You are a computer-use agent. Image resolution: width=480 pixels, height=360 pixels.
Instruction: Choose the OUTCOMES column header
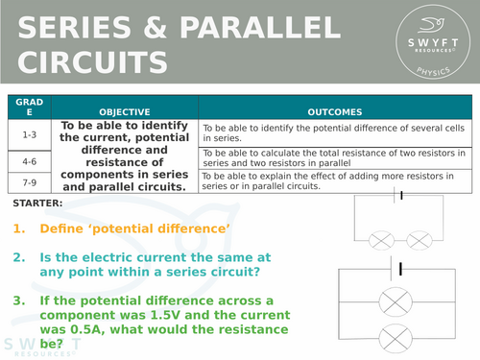pos(336,111)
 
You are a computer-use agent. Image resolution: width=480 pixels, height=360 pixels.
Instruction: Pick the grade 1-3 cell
pos(29,135)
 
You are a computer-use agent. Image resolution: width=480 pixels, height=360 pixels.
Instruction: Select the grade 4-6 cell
pos(29,161)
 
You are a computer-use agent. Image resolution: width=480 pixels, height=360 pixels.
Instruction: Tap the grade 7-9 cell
pos(29,180)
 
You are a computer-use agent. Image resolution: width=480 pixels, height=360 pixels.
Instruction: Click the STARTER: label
pos(39,204)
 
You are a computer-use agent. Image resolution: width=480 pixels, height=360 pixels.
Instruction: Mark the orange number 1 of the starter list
pos(20,229)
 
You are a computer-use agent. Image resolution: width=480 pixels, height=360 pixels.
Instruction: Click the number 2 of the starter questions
pos(20,258)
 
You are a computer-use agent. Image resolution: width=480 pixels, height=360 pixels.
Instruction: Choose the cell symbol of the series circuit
pos(400,196)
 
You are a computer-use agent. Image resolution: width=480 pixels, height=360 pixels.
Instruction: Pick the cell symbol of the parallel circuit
pos(401,267)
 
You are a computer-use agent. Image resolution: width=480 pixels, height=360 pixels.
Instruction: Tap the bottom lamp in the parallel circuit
pos(402,337)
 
